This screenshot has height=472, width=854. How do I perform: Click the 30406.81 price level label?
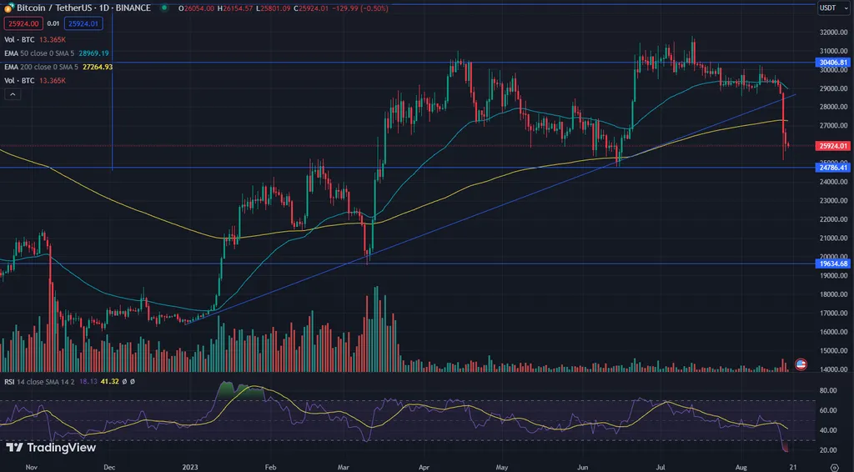point(833,63)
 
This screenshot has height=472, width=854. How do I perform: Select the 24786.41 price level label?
point(833,168)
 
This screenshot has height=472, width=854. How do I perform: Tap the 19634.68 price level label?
point(833,264)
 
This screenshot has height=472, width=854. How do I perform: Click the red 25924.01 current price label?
point(833,146)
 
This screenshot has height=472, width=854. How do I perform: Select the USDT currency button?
point(828,8)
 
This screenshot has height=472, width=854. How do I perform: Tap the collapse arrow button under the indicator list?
point(12,95)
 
